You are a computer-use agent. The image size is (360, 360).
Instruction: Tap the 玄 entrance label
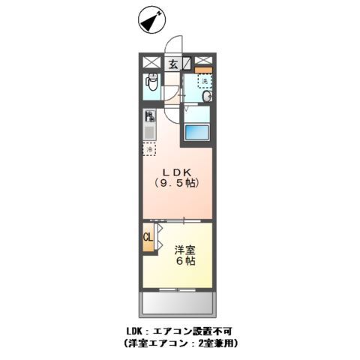pyautogui.click(x=173, y=64)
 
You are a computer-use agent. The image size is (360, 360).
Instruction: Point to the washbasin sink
pyautogui.click(x=206, y=95)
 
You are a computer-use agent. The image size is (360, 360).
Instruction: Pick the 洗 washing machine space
pyautogui.click(x=203, y=80)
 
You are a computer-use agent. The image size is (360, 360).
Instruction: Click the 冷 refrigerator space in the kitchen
pyautogui.click(x=149, y=148)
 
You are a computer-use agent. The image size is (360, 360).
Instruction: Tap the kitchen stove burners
pyautogui.click(x=149, y=117)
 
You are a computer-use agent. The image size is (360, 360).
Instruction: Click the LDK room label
pyautogui.click(x=177, y=169)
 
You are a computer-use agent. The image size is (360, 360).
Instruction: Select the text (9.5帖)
pyautogui.click(x=178, y=182)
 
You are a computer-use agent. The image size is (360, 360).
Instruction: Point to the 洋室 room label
pyautogui.click(x=186, y=250)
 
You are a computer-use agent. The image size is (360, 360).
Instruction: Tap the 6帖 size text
pyautogui.click(x=186, y=262)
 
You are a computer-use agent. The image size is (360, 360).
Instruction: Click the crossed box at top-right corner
pyautogui.click(x=205, y=61)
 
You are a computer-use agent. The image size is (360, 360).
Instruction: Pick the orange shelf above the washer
pyautogui.click(x=203, y=70)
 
